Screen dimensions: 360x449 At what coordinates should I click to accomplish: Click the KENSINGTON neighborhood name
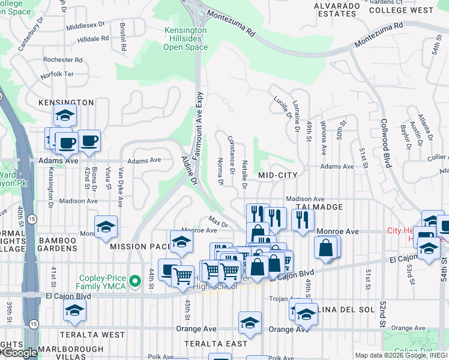click(x=66, y=103)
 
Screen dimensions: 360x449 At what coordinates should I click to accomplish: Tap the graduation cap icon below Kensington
click(x=65, y=115)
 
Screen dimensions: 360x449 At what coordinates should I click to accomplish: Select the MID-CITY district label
click(x=278, y=175)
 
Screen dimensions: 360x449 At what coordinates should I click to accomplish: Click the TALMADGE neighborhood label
click(x=319, y=207)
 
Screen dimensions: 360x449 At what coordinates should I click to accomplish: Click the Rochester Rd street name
click(x=62, y=60)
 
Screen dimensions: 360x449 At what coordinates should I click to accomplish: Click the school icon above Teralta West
click(x=74, y=310)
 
